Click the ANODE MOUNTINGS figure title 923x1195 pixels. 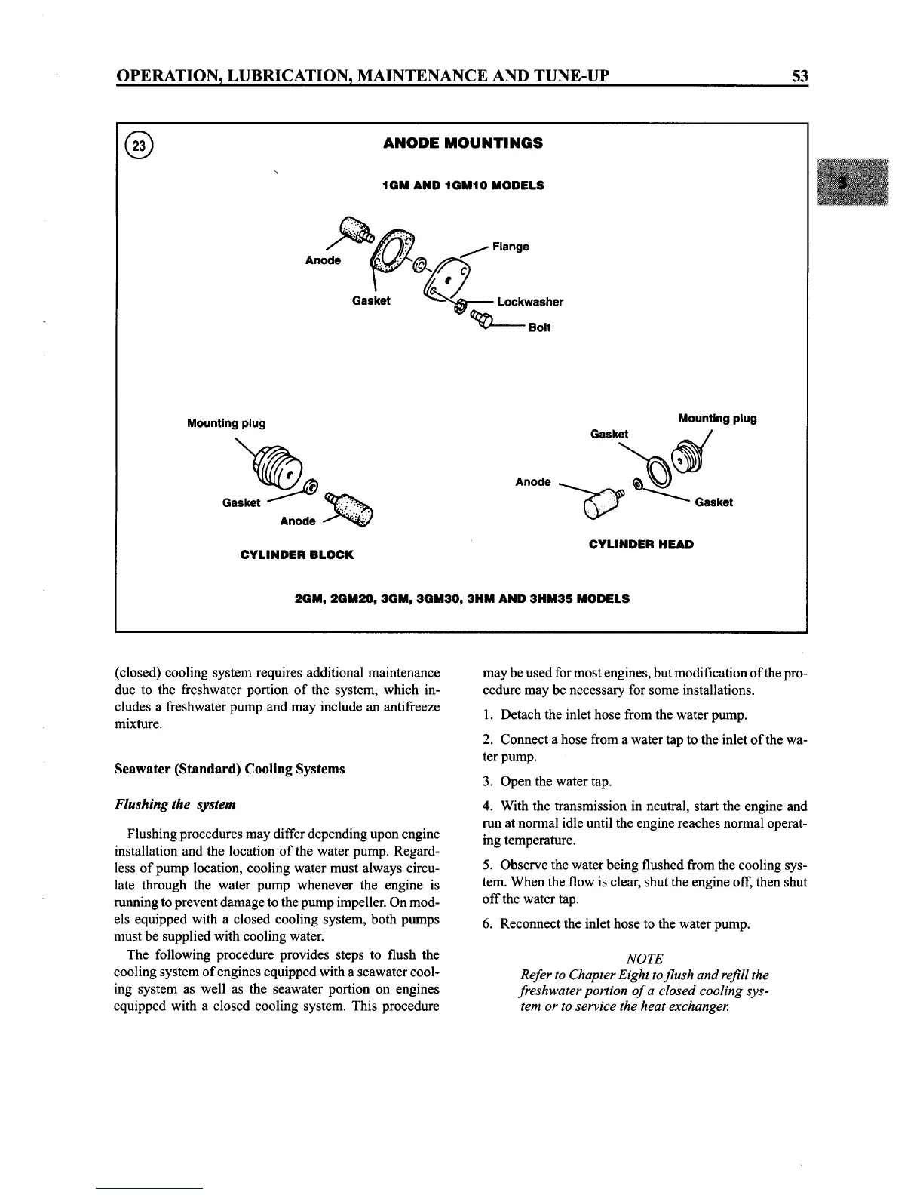pos(462,143)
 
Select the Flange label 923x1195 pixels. pos(511,247)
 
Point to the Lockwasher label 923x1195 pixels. pos(529,302)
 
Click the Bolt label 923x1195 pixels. pos(539,327)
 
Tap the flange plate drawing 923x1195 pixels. pos(447,281)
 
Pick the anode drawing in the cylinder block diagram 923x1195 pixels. pos(351,509)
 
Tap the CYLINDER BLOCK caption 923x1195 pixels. pos(296,554)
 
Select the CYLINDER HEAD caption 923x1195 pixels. pos(641,544)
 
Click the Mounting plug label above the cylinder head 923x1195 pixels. pos(717,419)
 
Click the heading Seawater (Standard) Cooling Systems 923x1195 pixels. pos(230,769)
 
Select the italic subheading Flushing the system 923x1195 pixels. pos(176,804)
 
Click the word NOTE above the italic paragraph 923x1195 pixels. pos(645,958)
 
